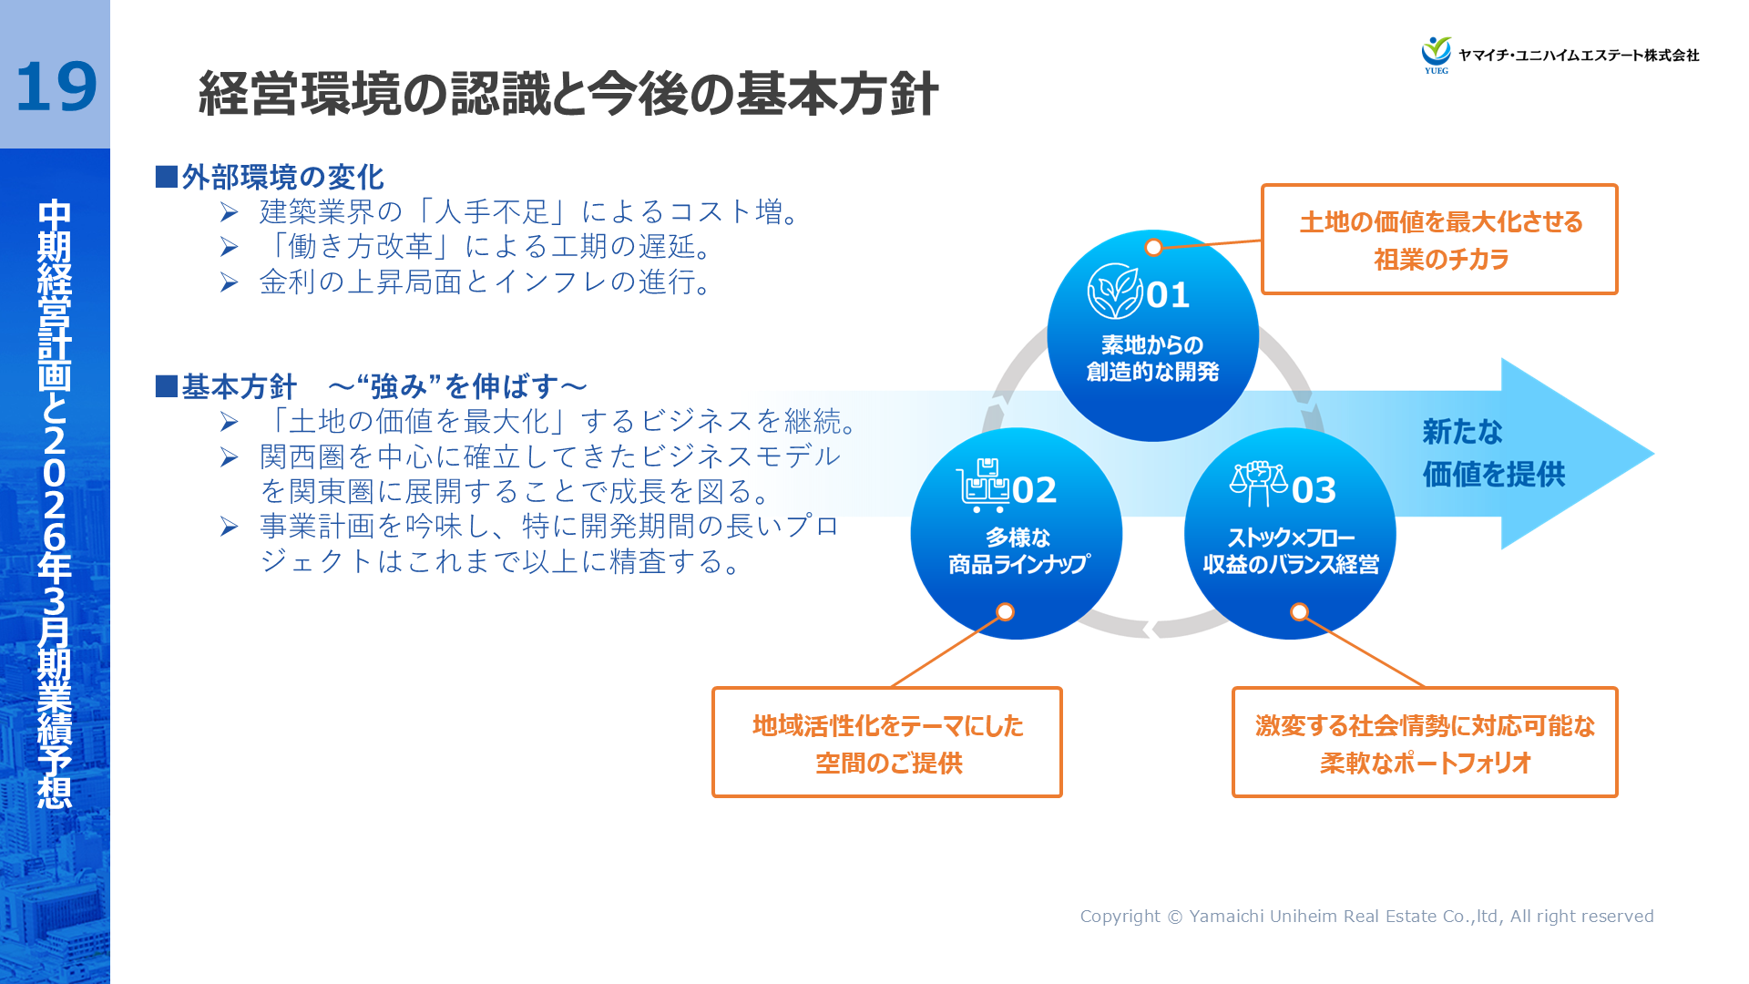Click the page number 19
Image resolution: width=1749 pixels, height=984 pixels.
point(56,87)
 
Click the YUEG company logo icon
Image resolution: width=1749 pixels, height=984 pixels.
point(1437,54)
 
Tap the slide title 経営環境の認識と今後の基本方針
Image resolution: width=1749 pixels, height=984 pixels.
point(568,94)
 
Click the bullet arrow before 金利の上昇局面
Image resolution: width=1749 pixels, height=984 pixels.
point(229,283)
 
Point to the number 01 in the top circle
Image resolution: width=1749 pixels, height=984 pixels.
point(1168,295)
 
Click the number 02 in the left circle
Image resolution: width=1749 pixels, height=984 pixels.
point(1034,491)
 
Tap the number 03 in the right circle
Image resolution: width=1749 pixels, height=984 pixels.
point(1314,491)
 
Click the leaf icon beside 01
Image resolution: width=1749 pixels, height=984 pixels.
point(1114,292)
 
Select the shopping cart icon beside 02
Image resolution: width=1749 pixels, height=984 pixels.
point(982,486)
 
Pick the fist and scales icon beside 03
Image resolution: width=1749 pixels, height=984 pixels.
point(1258,483)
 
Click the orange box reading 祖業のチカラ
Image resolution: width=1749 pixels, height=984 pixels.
point(1439,240)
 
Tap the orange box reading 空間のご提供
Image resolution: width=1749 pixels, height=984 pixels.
point(887,743)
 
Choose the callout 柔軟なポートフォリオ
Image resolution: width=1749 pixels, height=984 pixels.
point(1425,743)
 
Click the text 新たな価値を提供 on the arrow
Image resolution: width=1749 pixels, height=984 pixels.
point(1493,453)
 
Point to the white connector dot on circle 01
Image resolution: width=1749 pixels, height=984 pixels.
point(1153,248)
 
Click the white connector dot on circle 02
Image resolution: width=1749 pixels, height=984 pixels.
point(1005,612)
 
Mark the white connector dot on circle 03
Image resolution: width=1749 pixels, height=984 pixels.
point(1300,612)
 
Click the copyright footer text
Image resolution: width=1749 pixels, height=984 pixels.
point(1366,917)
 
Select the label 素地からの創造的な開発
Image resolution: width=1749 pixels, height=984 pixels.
point(1152,358)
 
